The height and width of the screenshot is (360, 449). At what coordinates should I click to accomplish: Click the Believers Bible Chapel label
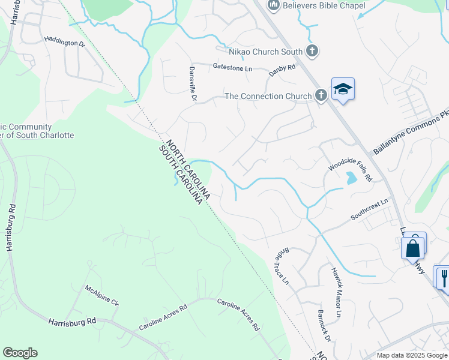point(324,6)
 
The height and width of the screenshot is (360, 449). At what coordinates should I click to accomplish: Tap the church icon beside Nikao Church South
point(312,51)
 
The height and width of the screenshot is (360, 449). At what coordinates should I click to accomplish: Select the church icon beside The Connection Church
point(321,95)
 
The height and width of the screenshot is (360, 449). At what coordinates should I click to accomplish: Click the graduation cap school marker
point(343,89)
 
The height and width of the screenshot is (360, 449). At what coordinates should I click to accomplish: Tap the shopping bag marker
point(413,248)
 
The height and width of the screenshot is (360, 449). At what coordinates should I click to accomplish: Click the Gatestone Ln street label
point(232,67)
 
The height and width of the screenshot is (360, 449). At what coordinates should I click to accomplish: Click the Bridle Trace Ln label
point(282,267)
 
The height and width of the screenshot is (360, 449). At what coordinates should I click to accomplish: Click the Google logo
point(20,353)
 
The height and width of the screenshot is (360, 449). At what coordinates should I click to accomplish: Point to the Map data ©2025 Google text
point(411,355)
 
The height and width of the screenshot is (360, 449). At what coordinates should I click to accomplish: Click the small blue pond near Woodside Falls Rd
point(351,178)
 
